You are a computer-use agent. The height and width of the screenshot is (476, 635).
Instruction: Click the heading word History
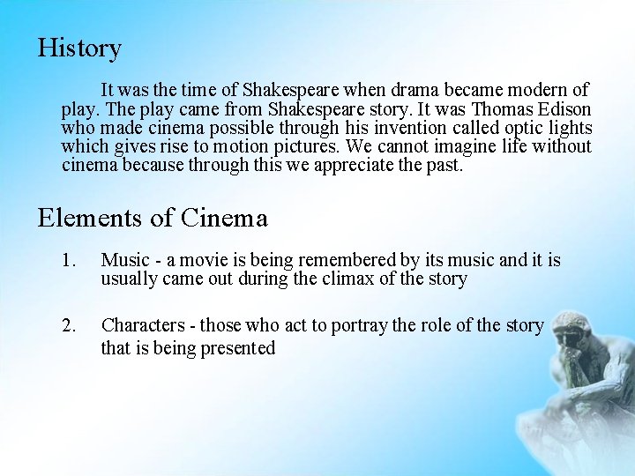(79, 48)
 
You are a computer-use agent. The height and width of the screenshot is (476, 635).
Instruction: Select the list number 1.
(71, 260)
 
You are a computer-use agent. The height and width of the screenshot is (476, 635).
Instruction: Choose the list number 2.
(71, 325)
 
